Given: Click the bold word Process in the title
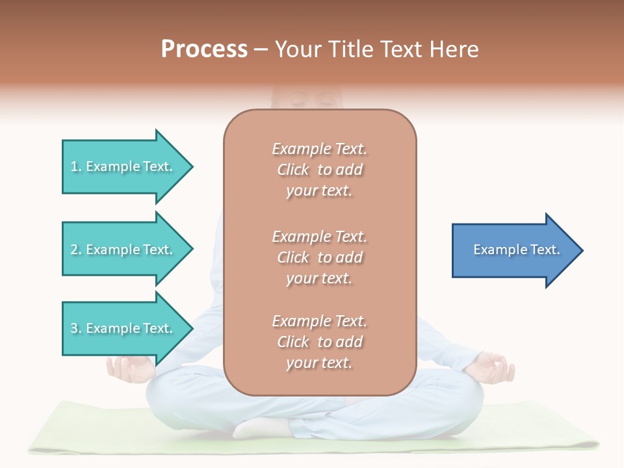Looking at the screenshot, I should (204, 49).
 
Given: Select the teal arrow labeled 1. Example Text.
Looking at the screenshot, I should (123, 166).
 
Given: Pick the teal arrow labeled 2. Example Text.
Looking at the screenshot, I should (123, 250).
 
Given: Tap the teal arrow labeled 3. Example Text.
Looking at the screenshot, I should (123, 328).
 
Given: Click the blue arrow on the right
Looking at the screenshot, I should (513, 250).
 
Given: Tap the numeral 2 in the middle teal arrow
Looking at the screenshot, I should (74, 250).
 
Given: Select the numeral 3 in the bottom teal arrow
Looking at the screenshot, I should (74, 328).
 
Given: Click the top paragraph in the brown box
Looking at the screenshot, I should (319, 170).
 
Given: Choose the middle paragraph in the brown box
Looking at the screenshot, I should (319, 257).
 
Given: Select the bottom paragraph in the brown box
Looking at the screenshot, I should (319, 342).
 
